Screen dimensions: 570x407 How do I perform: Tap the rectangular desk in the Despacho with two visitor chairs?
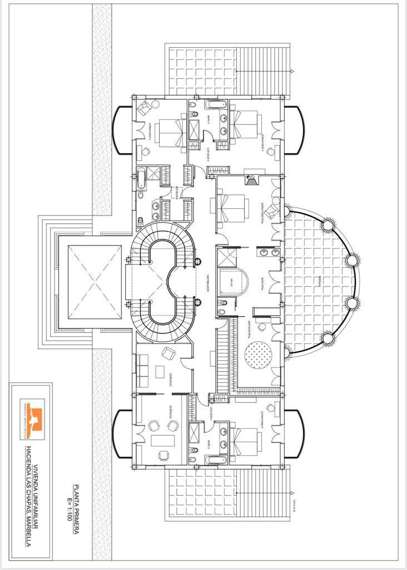pos(162,440)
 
